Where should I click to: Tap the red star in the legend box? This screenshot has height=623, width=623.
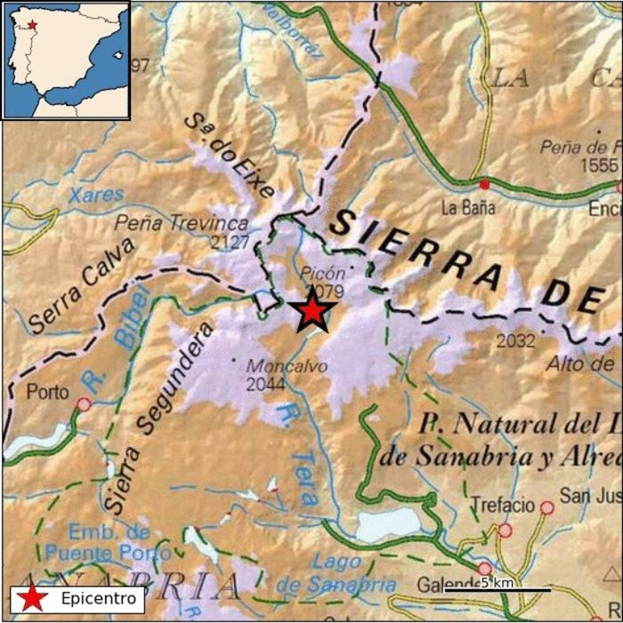(29, 598)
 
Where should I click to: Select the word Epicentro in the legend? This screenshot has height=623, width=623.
(99, 598)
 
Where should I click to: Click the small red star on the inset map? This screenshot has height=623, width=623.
(33, 25)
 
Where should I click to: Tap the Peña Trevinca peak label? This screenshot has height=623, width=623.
(182, 224)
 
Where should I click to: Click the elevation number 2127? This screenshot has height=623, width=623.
(229, 243)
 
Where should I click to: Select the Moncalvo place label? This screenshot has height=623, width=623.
(287, 366)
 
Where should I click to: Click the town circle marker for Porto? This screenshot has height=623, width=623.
(84, 405)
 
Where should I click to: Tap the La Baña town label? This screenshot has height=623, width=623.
(468, 208)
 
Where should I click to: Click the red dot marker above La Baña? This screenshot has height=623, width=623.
(484, 184)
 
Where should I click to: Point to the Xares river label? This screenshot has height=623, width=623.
(96, 195)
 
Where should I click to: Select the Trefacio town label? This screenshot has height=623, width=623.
(503, 505)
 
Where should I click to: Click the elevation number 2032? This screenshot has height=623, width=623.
(516, 341)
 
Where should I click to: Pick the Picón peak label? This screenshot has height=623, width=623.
(323, 274)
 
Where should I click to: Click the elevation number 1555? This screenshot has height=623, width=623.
(599, 165)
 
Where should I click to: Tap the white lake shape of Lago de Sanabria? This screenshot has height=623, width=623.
(389, 524)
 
